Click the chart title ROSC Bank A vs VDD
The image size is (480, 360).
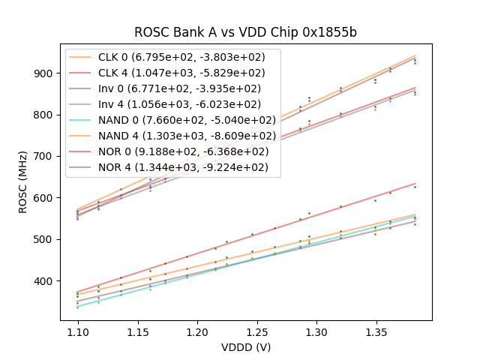click(245, 32)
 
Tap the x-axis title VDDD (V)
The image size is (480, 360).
click(245, 347)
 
